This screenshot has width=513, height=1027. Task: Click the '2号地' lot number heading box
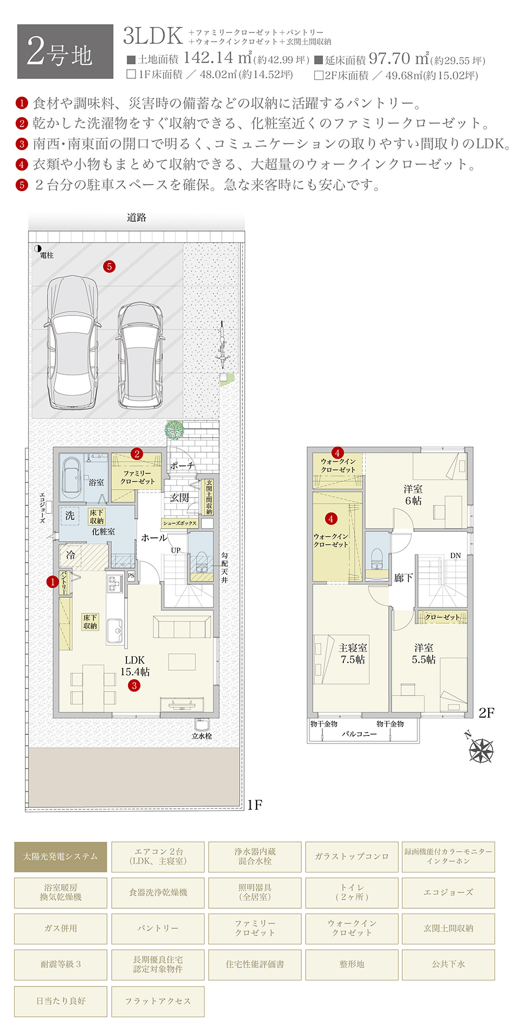coord(65,52)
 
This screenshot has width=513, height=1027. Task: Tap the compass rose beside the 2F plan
coord(480,748)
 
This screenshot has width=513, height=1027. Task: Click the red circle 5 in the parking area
coord(110,266)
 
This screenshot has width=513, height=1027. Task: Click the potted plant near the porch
coord(174,430)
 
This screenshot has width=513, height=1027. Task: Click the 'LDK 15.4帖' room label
coord(135,666)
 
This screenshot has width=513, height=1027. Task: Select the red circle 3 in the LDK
coord(134,686)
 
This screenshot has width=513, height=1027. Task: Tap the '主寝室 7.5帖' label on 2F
coord(353,653)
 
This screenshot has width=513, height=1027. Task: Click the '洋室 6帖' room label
coord(413,495)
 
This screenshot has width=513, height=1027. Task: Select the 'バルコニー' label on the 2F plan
coord(359,734)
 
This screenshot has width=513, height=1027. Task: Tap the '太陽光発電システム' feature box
coord(60,857)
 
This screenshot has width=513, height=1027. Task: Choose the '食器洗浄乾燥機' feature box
coord(158,893)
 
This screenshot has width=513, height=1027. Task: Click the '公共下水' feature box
coord(448,964)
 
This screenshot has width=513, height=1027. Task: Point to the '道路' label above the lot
coord(137,218)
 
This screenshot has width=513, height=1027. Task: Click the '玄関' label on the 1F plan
coord(180,497)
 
